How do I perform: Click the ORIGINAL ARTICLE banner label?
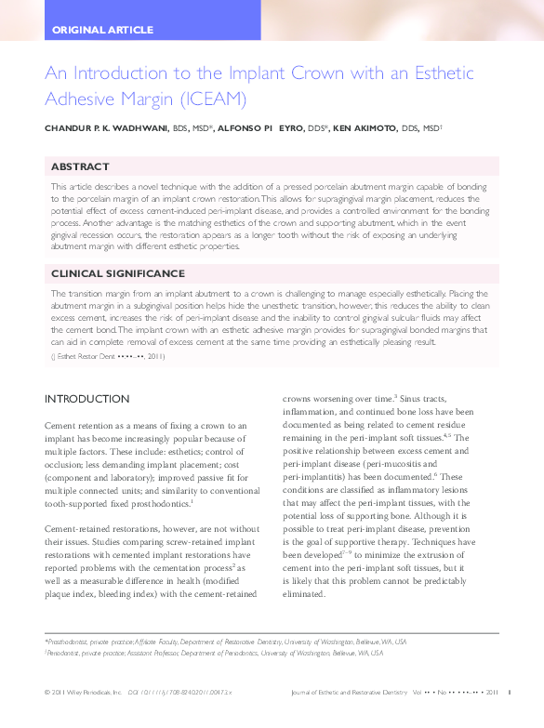pos(102,30)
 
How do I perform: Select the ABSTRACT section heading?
pos(80,166)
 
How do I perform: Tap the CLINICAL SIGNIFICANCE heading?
pos(117,274)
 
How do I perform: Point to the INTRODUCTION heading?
pos(87,399)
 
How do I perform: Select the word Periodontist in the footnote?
pos(68,654)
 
